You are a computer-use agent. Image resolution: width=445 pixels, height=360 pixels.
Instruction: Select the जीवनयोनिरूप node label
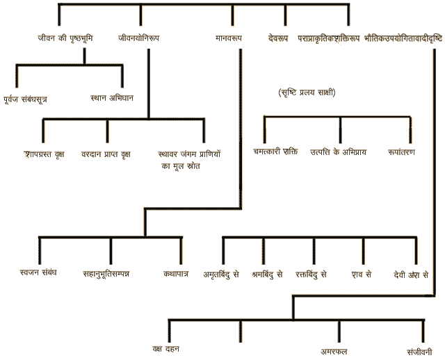(x=138, y=38)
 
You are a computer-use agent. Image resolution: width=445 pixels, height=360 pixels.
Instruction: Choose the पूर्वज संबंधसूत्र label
(x=35, y=99)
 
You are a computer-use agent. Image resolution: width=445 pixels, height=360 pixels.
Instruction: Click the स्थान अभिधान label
(x=112, y=98)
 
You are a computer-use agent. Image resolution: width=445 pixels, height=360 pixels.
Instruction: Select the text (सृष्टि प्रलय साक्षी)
(x=306, y=92)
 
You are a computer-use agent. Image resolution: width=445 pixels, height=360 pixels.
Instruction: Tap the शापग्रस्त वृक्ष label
(x=44, y=153)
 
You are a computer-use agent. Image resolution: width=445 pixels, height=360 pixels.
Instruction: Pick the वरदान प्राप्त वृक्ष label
(x=106, y=153)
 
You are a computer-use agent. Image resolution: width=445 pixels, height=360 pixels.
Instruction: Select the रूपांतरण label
(x=412, y=152)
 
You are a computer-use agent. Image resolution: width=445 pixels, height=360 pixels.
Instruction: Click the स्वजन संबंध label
(x=39, y=272)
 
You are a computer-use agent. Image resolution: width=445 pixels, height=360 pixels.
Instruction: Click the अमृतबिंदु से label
(x=222, y=274)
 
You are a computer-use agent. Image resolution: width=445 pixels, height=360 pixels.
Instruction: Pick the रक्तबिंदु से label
(x=311, y=274)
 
